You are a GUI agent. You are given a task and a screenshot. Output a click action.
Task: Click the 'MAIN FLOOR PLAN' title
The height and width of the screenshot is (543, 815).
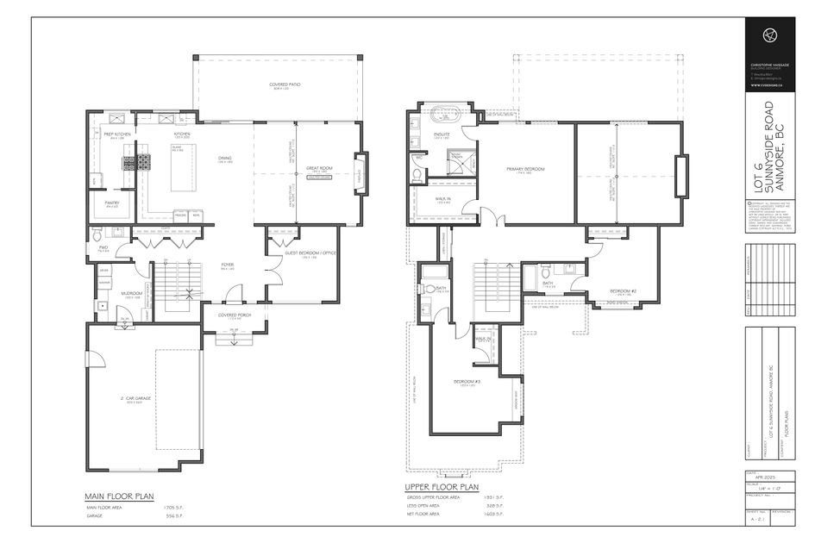(x=118, y=496)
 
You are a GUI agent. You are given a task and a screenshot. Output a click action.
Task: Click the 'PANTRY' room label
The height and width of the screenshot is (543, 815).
(x=112, y=203)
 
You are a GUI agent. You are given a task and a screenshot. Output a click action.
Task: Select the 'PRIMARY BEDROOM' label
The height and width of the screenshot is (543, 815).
(x=525, y=169)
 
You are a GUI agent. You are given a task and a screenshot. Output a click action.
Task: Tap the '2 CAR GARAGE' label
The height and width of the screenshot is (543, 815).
(x=138, y=398)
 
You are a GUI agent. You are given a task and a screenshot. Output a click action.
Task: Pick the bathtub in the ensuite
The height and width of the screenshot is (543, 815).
(x=446, y=111)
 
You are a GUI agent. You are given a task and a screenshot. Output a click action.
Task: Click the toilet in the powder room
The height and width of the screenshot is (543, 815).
(x=97, y=235)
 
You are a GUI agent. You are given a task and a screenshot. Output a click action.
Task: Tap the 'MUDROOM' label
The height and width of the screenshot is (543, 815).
(x=131, y=293)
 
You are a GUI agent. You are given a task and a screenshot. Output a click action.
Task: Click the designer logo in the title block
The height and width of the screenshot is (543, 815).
(x=768, y=34)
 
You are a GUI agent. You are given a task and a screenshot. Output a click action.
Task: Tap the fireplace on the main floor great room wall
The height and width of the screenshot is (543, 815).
(x=361, y=169)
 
